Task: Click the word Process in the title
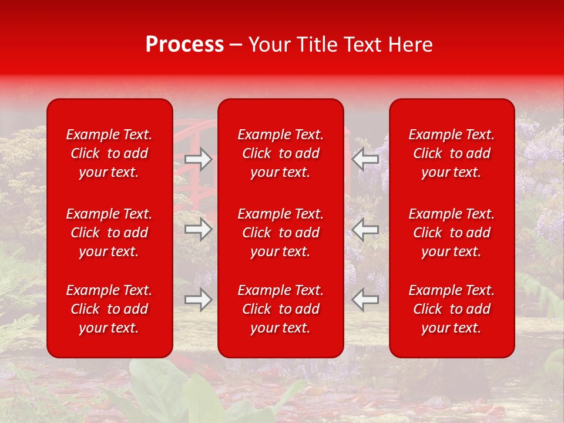click(x=184, y=45)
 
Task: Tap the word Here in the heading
click(x=411, y=45)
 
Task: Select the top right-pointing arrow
click(x=199, y=159)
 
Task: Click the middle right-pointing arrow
click(x=199, y=229)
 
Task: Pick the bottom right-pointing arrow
click(x=199, y=300)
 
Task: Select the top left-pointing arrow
click(x=365, y=159)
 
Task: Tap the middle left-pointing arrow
click(x=365, y=229)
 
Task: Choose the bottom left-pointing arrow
click(x=365, y=300)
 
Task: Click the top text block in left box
click(x=109, y=153)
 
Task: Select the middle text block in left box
click(x=109, y=233)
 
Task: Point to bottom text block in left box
click(x=109, y=309)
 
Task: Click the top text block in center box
click(x=281, y=153)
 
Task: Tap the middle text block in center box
click(x=281, y=233)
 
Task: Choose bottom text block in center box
click(x=281, y=309)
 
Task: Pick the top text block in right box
click(x=452, y=153)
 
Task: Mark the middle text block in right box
click(x=452, y=233)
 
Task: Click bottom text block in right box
click(x=452, y=309)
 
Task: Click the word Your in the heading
click(x=267, y=45)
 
